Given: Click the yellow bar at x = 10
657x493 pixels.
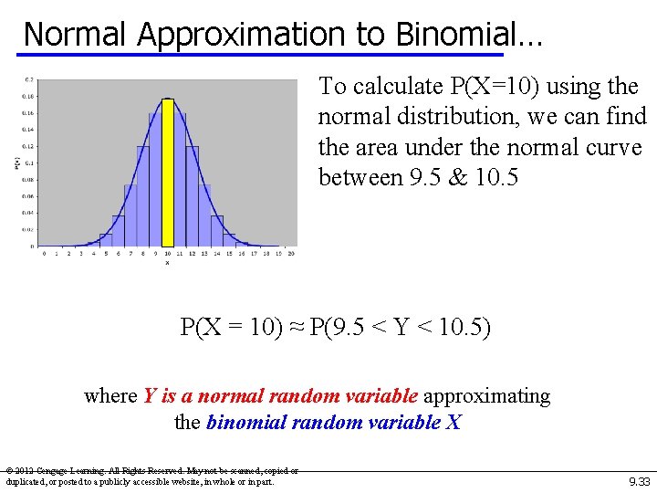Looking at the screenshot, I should coord(167,173).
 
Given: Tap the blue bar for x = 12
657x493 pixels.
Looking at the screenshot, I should coord(192,196).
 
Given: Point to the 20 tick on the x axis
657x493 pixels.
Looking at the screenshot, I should coord(291,254).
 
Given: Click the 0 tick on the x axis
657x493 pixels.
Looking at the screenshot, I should coord(44,254).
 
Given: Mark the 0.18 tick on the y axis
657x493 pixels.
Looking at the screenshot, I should coord(29,96).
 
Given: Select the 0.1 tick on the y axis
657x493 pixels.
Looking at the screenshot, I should coord(30,163).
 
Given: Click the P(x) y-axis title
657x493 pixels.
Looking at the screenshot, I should coord(17,163).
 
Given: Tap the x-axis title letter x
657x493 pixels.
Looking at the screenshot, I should coord(167,263).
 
